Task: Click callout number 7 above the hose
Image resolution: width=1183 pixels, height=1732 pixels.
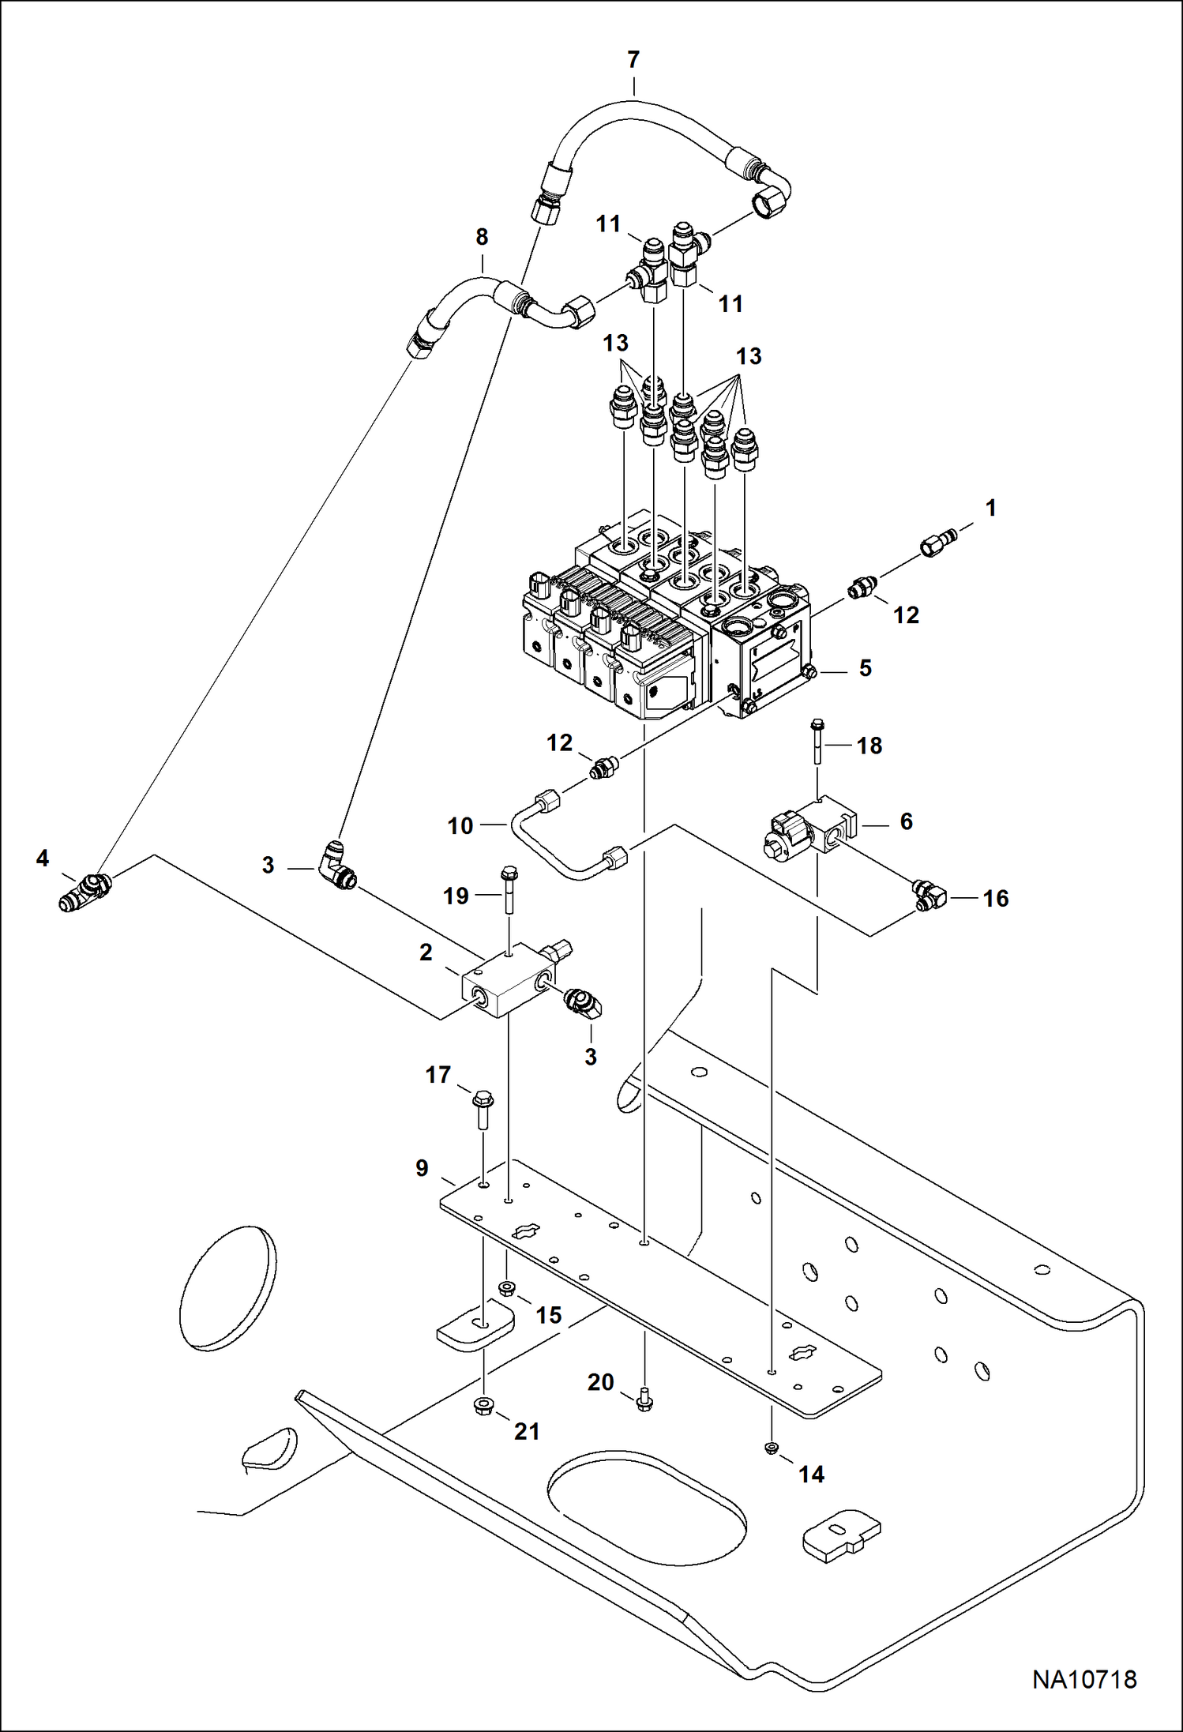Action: (x=633, y=60)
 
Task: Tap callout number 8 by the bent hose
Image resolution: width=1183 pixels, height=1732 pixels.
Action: (x=482, y=236)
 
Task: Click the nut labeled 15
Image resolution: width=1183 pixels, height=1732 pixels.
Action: (x=507, y=1290)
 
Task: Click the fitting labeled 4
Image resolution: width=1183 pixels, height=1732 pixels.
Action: (x=84, y=890)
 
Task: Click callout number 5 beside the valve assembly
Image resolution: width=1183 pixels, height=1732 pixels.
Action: (x=866, y=668)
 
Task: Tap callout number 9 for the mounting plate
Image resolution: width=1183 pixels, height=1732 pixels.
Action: (x=422, y=1168)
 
